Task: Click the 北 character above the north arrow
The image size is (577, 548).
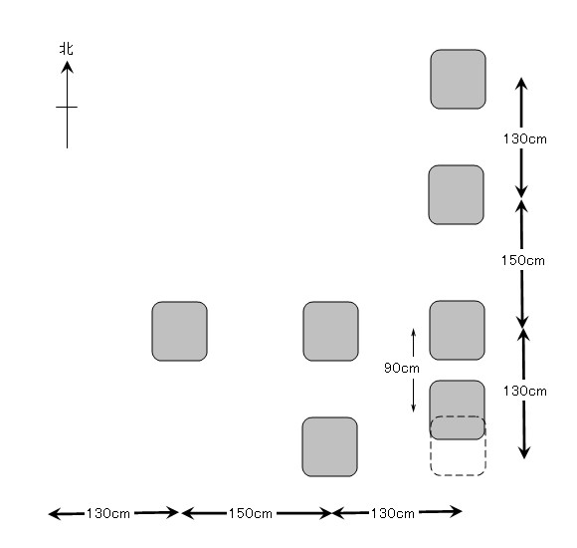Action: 67,49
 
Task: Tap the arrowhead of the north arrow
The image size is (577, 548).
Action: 67,67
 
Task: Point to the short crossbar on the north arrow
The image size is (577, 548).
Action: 67,107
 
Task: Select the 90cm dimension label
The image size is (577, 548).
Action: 402,368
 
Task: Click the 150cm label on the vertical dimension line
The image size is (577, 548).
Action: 523,260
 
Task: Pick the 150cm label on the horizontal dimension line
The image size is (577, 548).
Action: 251,513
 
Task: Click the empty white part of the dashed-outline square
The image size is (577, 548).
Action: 459,457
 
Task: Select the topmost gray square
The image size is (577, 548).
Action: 459,80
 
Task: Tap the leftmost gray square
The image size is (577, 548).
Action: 180,332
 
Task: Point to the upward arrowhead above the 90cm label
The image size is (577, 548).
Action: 413,332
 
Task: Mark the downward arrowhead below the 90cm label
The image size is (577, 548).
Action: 413,408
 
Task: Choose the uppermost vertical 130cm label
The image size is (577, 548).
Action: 524,138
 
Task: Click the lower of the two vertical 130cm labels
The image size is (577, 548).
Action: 524,391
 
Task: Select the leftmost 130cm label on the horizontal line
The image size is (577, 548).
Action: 107,513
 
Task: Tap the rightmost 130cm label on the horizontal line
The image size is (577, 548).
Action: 392,513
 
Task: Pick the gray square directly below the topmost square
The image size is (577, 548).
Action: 457,194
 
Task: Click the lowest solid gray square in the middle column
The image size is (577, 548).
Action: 329,446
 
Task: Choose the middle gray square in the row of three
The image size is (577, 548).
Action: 331,332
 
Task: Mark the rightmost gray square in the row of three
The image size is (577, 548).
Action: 457,330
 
